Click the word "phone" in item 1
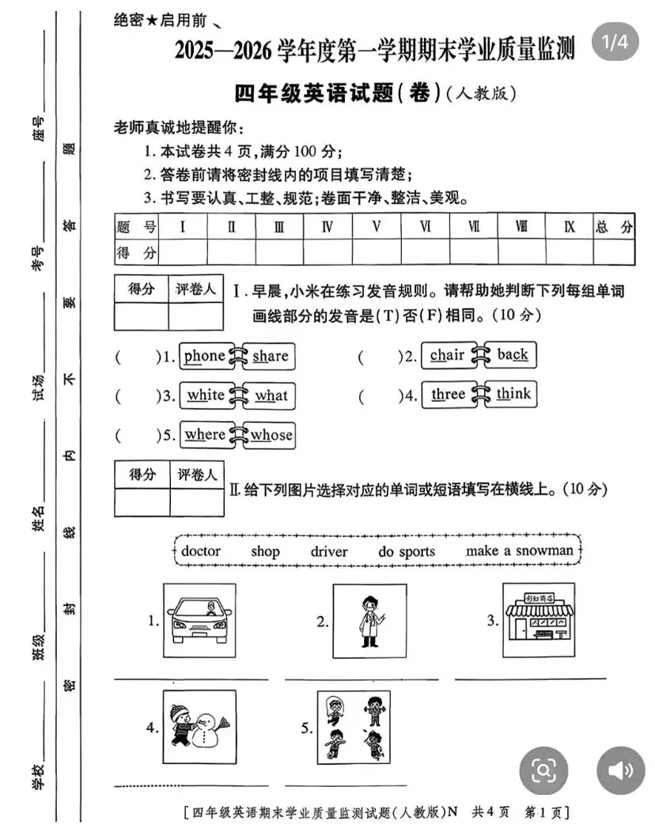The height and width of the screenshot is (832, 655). [x=204, y=356]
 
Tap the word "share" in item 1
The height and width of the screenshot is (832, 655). [x=271, y=357]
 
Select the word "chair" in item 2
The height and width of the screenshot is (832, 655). [x=447, y=355]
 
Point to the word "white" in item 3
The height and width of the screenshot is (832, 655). [x=206, y=395]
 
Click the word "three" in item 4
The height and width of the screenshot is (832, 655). [x=449, y=394]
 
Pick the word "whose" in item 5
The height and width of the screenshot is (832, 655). [x=271, y=434]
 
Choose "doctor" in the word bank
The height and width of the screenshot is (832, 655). [x=201, y=551]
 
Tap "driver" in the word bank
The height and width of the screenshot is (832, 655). [x=328, y=551]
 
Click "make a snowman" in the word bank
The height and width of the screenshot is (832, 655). [x=519, y=550]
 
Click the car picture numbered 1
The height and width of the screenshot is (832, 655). [x=199, y=621]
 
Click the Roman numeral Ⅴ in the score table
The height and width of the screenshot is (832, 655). [x=377, y=227]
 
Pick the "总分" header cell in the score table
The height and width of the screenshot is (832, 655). [x=614, y=227]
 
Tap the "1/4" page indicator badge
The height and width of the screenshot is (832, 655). [x=615, y=43]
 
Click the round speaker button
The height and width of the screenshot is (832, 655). [x=621, y=770]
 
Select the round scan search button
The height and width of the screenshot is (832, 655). [x=543, y=770]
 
